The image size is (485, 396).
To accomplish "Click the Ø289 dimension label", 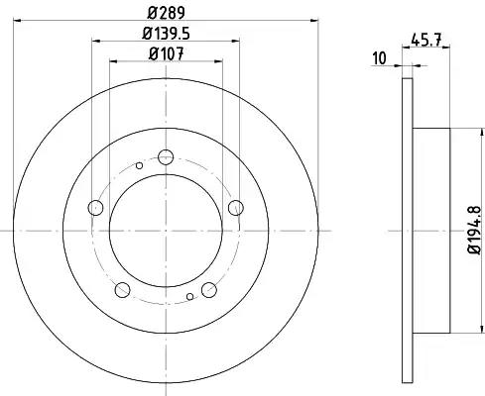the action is [166, 13].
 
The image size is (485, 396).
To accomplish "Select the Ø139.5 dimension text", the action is [166, 34].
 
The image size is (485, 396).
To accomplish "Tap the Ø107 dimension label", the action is [166, 53].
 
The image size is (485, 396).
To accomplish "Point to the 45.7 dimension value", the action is [425, 41].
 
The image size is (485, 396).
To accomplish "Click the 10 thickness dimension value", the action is [379, 58].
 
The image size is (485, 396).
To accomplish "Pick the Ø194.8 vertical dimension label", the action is [474, 230].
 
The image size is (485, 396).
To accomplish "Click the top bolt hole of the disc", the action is [166, 157].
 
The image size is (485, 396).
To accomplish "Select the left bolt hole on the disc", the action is [95, 208].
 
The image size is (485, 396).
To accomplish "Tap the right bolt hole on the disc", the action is [236, 208].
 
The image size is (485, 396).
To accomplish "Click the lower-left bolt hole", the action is [122, 290].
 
